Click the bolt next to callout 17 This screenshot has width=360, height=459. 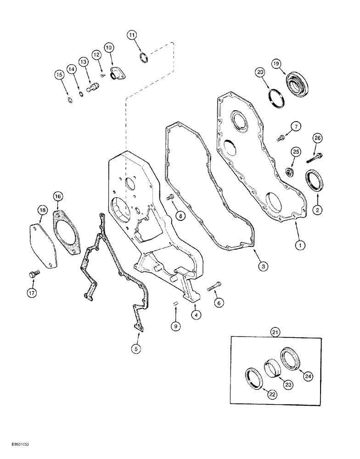[x=33, y=274]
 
